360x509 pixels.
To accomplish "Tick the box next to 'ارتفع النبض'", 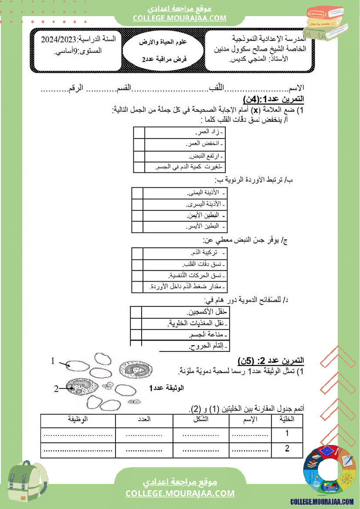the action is point(139,156).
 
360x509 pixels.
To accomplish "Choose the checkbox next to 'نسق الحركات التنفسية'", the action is point(137,276).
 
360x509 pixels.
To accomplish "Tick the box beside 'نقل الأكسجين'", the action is point(136,312).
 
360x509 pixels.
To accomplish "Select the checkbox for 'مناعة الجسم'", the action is point(136,335).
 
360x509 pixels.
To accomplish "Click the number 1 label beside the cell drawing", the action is point(53,361).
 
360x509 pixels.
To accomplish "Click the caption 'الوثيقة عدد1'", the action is point(167,388).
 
